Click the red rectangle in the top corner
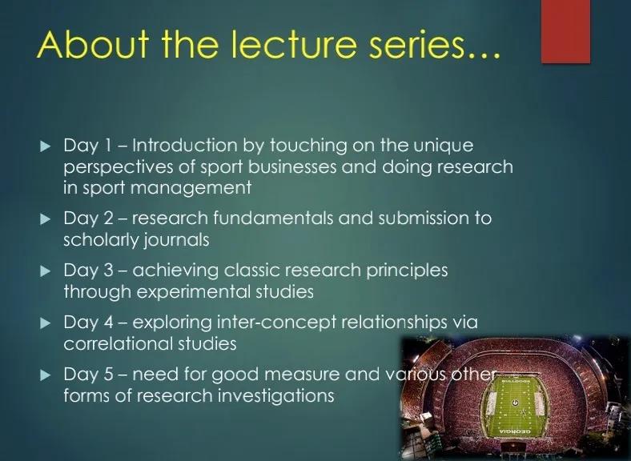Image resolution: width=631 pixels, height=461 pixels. pos(566,31)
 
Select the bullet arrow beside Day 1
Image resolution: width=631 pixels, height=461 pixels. pos(46,146)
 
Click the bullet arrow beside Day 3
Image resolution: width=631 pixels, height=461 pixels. pos(46,271)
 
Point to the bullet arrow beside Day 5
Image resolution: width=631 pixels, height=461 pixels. pos(46,375)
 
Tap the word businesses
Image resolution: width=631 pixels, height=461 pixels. pos(291,166)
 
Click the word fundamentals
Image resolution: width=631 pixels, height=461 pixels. pos(273,218)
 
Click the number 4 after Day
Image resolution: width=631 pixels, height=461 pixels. pos(108,323)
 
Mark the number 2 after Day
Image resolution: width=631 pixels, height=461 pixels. pos(109,218)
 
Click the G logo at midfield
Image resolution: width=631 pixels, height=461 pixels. pos(515,403)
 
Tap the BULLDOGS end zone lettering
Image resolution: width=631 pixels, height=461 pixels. pos(515,381)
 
